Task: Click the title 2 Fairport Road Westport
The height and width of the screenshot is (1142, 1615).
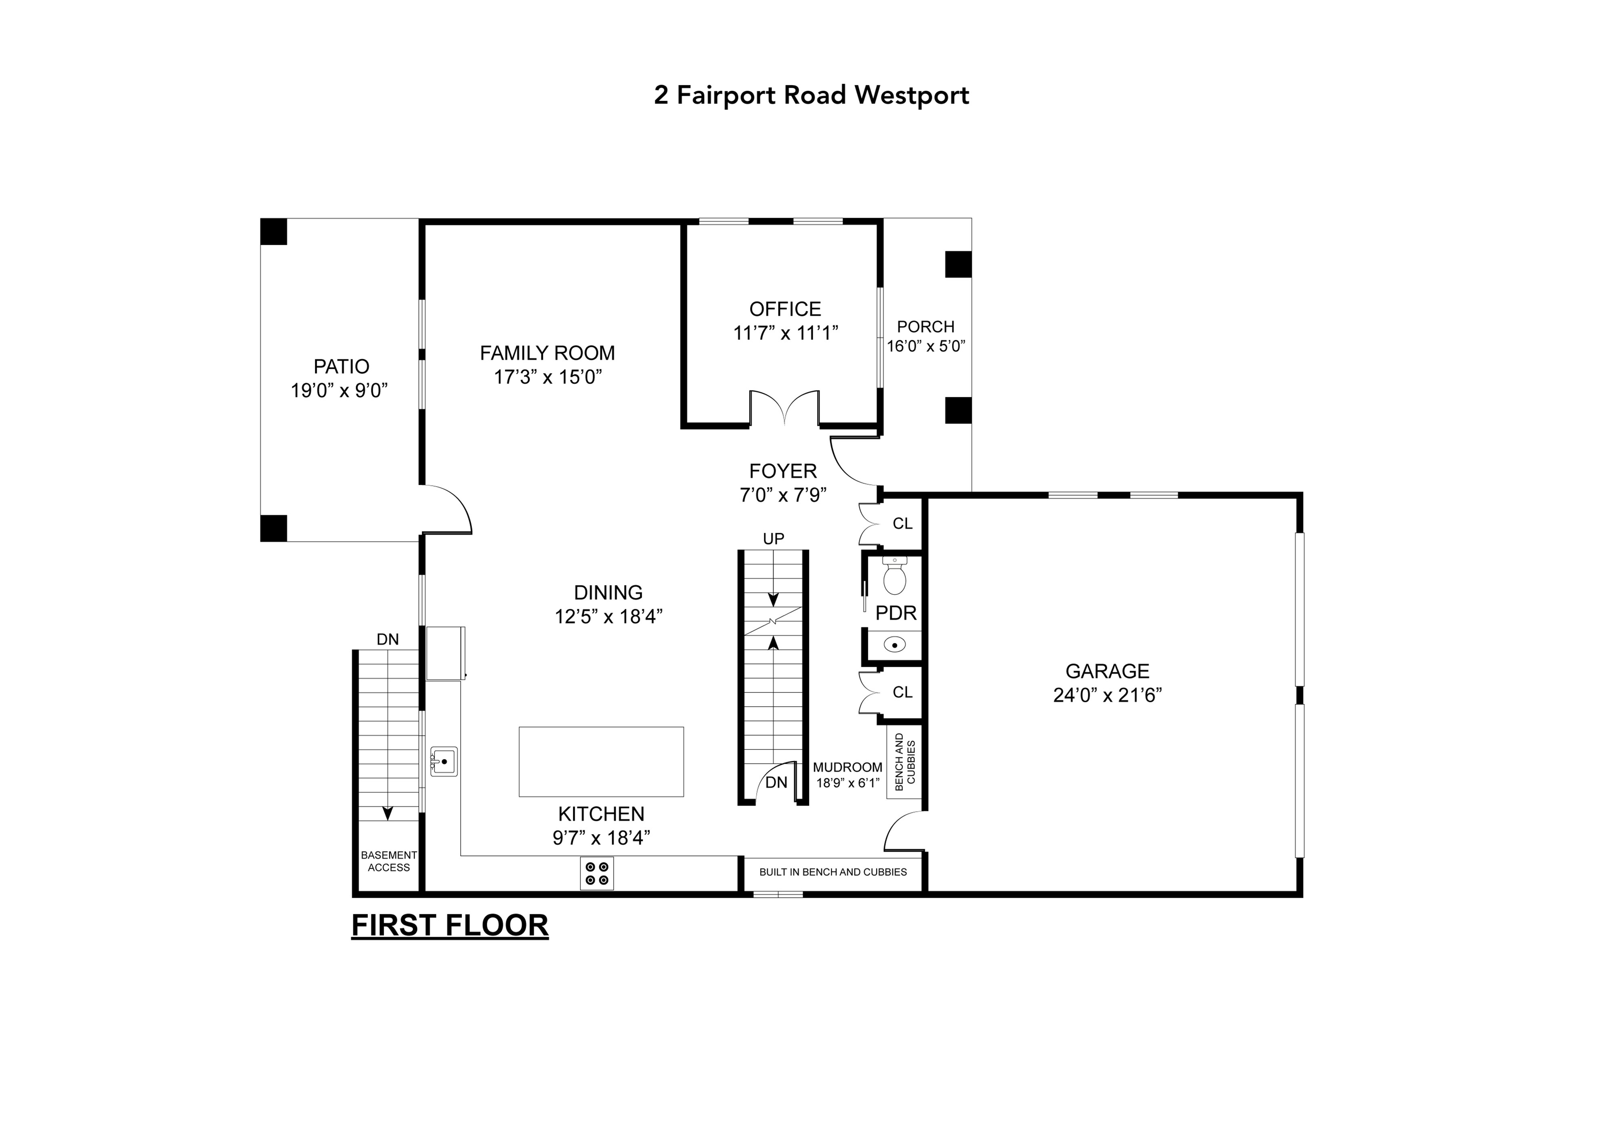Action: click(x=811, y=95)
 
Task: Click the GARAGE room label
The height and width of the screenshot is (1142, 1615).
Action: click(x=1107, y=671)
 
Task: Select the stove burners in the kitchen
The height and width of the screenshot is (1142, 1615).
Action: click(x=596, y=873)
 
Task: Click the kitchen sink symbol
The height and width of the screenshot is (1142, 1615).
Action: click(x=444, y=761)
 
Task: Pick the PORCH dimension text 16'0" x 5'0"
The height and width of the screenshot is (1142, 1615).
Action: click(x=926, y=346)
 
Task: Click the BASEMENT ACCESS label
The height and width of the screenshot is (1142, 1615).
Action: click(x=388, y=861)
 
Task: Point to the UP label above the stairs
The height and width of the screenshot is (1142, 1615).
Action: click(x=773, y=539)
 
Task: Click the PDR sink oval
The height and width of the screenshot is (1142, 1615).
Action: click(x=894, y=644)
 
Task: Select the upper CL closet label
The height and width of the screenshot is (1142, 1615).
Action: click(x=902, y=523)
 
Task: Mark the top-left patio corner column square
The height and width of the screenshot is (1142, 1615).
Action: click(x=274, y=231)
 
